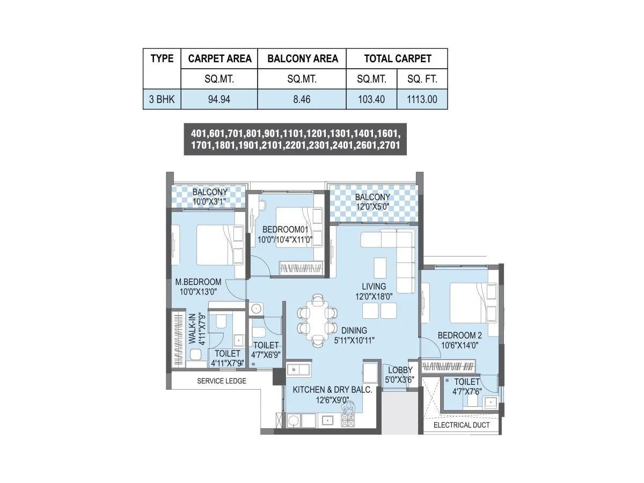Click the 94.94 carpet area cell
click(x=219, y=99)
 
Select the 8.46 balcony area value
click(x=302, y=99)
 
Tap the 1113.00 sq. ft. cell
click(x=422, y=99)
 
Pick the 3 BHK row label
click(x=162, y=99)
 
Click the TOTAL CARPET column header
click(x=397, y=58)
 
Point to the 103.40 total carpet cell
click(x=371, y=99)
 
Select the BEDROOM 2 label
click(x=461, y=335)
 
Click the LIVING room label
click(x=374, y=286)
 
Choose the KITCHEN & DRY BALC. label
click(x=332, y=390)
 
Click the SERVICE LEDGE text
click(x=222, y=381)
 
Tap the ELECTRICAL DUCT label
click(x=461, y=425)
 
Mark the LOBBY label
click(x=400, y=370)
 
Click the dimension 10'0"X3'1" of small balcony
click(x=210, y=201)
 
